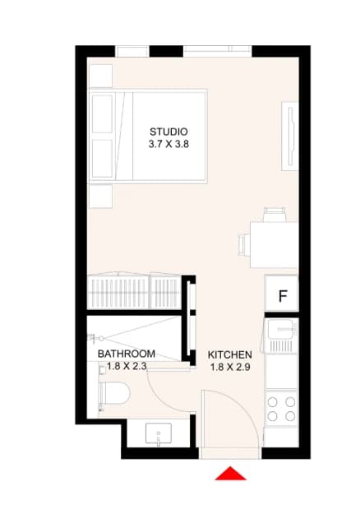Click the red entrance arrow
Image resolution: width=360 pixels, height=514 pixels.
click(230, 474)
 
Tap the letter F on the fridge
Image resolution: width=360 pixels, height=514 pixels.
click(283, 296)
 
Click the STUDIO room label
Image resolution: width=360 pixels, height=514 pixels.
click(168, 132)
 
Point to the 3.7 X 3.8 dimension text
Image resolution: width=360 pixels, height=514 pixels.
click(168, 144)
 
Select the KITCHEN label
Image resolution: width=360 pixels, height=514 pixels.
click(230, 354)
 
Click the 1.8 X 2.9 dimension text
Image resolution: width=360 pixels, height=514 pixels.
click(230, 367)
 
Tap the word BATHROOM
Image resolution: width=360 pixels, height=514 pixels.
click(127, 354)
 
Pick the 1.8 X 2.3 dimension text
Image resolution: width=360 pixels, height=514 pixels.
click(127, 366)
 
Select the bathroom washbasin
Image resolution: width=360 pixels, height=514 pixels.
click(158, 433)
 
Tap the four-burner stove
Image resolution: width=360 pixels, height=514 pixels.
click(281, 409)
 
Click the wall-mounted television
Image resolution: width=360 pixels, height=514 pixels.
click(290, 136)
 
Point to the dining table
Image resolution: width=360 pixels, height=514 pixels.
click(274, 245)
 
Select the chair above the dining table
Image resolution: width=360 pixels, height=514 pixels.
click(275, 215)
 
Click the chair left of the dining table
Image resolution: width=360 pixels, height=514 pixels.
click(244, 244)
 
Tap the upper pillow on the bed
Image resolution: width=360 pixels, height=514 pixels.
click(102, 113)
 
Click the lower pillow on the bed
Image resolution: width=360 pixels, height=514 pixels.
click(102, 159)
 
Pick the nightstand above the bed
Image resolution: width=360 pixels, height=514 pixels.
click(100, 76)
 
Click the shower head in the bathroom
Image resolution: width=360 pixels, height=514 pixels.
click(95, 338)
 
